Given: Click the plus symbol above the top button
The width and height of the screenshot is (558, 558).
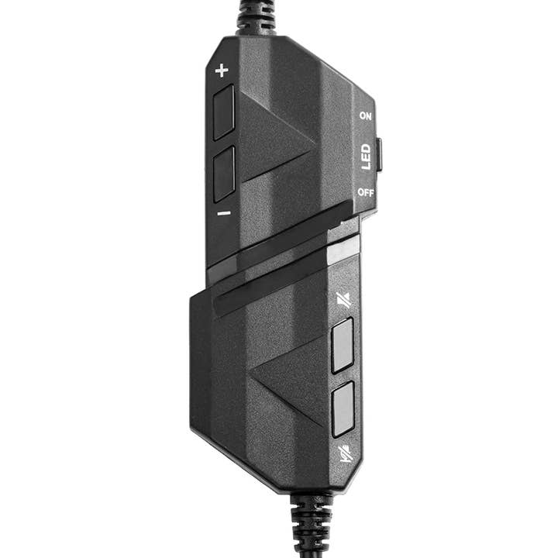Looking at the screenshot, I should (222, 71).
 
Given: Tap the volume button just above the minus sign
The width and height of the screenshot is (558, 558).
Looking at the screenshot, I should (224, 174).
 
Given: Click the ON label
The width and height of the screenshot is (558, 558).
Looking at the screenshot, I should (365, 115).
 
